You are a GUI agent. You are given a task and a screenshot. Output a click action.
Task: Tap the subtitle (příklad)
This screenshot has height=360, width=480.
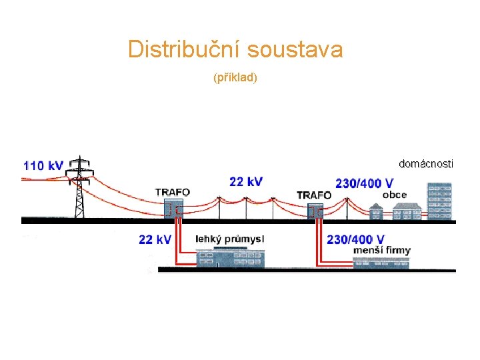[x=235, y=78]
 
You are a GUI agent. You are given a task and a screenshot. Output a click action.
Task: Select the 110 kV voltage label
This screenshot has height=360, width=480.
[x=43, y=165]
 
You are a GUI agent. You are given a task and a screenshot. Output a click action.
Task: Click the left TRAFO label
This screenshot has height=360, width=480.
[x=172, y=192]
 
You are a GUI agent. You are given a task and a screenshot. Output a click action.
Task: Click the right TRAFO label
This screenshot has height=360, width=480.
[x=313, y=195]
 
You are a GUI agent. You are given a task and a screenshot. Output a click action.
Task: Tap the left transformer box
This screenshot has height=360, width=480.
[x=173, y=209]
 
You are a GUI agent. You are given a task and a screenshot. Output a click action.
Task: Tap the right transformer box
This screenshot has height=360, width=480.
[x=315, y=211]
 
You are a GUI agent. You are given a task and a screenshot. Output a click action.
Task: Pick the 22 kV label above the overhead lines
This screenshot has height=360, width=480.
[x=246, y=181]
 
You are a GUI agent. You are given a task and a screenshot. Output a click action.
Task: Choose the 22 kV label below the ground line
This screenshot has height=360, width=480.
[x=155, y=239]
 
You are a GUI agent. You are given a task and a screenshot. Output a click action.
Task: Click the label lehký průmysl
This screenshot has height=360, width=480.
[x=229, y=239]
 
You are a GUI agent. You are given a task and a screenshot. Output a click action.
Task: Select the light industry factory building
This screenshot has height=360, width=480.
[x=230, y=258]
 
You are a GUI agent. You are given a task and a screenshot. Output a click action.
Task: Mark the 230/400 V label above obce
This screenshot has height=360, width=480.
[x=364, y=183]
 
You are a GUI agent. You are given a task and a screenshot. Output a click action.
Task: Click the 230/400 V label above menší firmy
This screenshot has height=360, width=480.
[x=356, y=239]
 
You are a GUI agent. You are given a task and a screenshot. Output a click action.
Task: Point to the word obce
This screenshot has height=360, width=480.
[x=395, y=195]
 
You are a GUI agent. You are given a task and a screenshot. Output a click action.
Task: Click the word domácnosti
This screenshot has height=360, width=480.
[x=426, y=163]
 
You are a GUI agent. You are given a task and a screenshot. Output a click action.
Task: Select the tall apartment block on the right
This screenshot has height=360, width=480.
[x=439, y=202]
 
